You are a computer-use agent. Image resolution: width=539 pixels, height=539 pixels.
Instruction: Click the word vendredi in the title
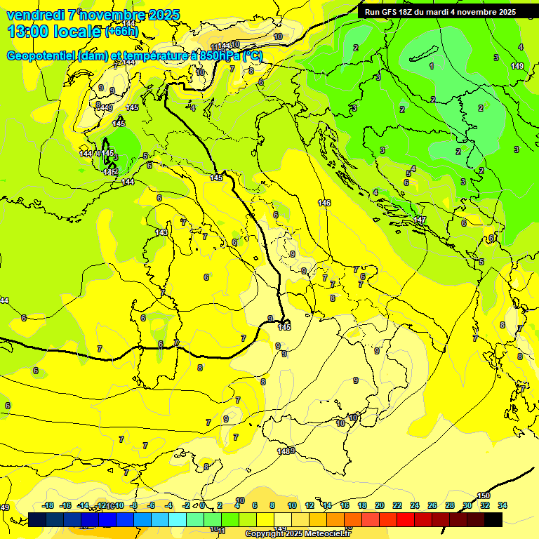point(35,15)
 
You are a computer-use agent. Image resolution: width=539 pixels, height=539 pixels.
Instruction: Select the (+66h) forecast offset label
point(121,32)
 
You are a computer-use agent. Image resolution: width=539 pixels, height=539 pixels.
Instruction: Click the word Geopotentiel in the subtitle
point(42,56)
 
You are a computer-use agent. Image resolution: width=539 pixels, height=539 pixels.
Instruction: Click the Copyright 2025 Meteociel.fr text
point(298,533)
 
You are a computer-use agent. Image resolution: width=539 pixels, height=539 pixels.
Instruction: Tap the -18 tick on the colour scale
point(48,505)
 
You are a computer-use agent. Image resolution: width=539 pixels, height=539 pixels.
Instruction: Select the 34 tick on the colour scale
point(503,505)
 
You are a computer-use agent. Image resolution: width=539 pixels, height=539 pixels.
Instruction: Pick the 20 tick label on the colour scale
point(380,505)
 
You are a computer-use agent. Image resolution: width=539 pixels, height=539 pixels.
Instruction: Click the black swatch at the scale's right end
point(493,519)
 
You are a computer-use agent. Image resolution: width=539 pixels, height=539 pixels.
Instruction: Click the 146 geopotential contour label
point(324,203)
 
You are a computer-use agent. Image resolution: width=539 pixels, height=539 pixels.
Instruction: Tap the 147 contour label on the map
point(420,220)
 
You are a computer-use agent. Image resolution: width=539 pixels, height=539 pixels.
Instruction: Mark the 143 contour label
point(161,232)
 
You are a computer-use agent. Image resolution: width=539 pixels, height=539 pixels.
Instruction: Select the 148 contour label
point(283,451)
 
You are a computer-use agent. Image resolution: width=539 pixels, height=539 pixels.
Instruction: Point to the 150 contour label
point(484,495)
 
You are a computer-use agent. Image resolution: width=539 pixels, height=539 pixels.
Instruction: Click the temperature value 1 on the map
point(432,66)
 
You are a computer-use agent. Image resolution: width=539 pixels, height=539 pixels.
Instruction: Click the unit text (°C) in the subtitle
point(253,56)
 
